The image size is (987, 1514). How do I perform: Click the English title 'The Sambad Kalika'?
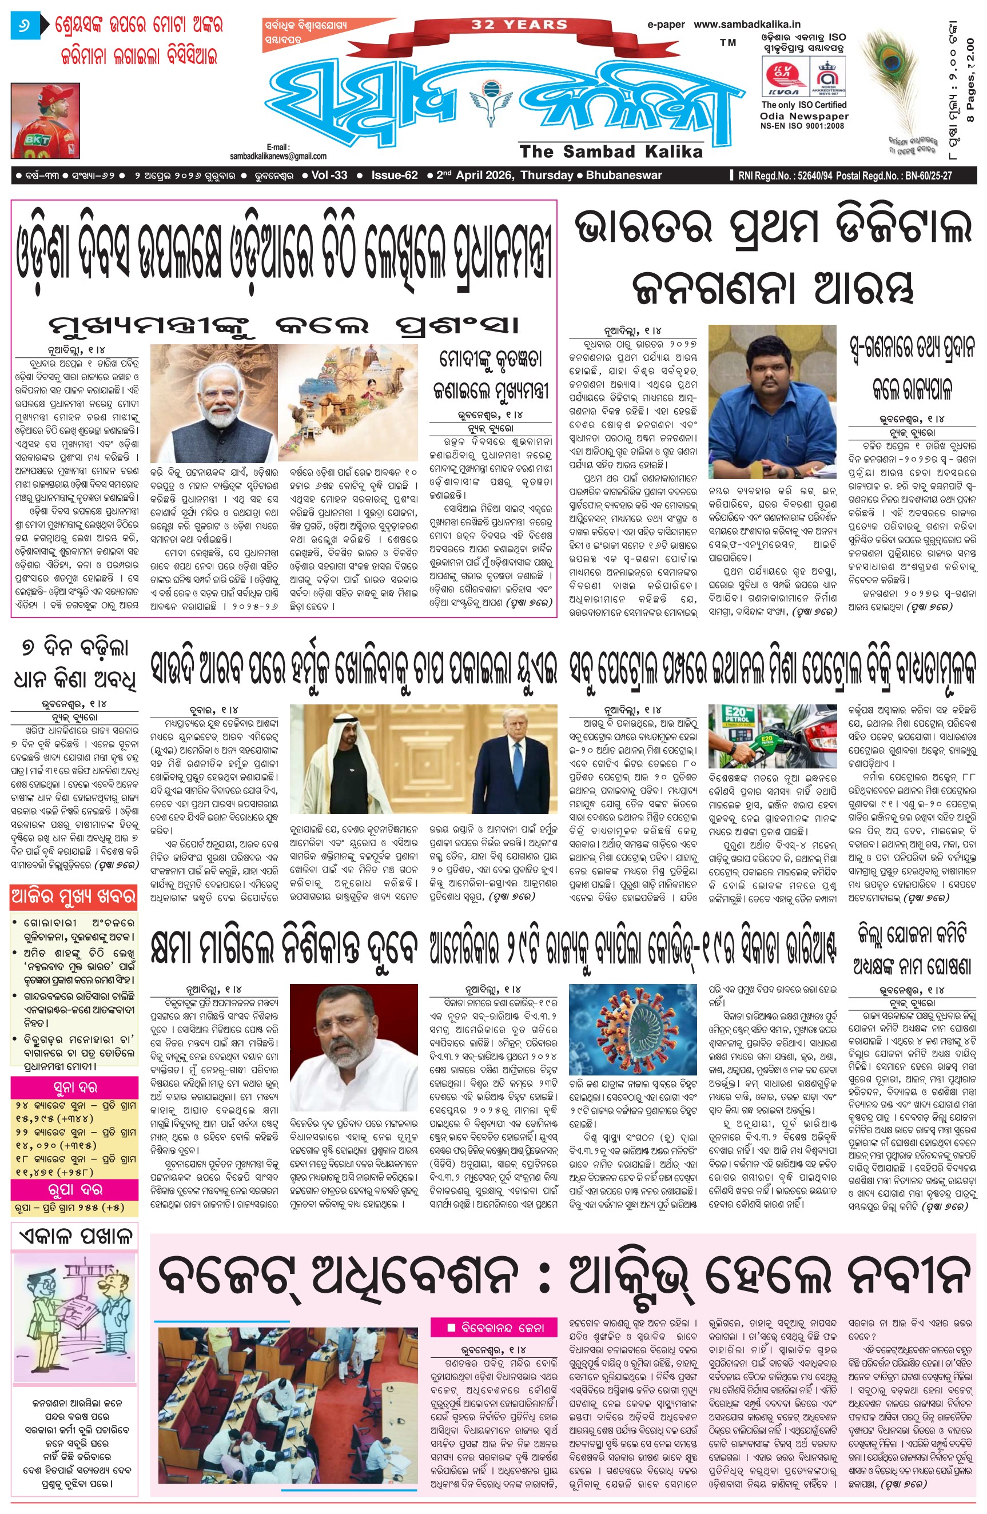(611, 152)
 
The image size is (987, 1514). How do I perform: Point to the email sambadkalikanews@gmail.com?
(278, 156)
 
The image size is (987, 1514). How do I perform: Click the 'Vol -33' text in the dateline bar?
(329, 176)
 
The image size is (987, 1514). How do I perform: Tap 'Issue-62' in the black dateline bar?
(395, 176)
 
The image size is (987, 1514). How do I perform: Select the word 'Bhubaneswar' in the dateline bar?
(624, 176)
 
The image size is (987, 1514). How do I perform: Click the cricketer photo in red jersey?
(45, 121)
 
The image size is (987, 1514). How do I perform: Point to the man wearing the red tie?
(515, 763)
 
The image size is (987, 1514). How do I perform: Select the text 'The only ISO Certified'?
(804, 105)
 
